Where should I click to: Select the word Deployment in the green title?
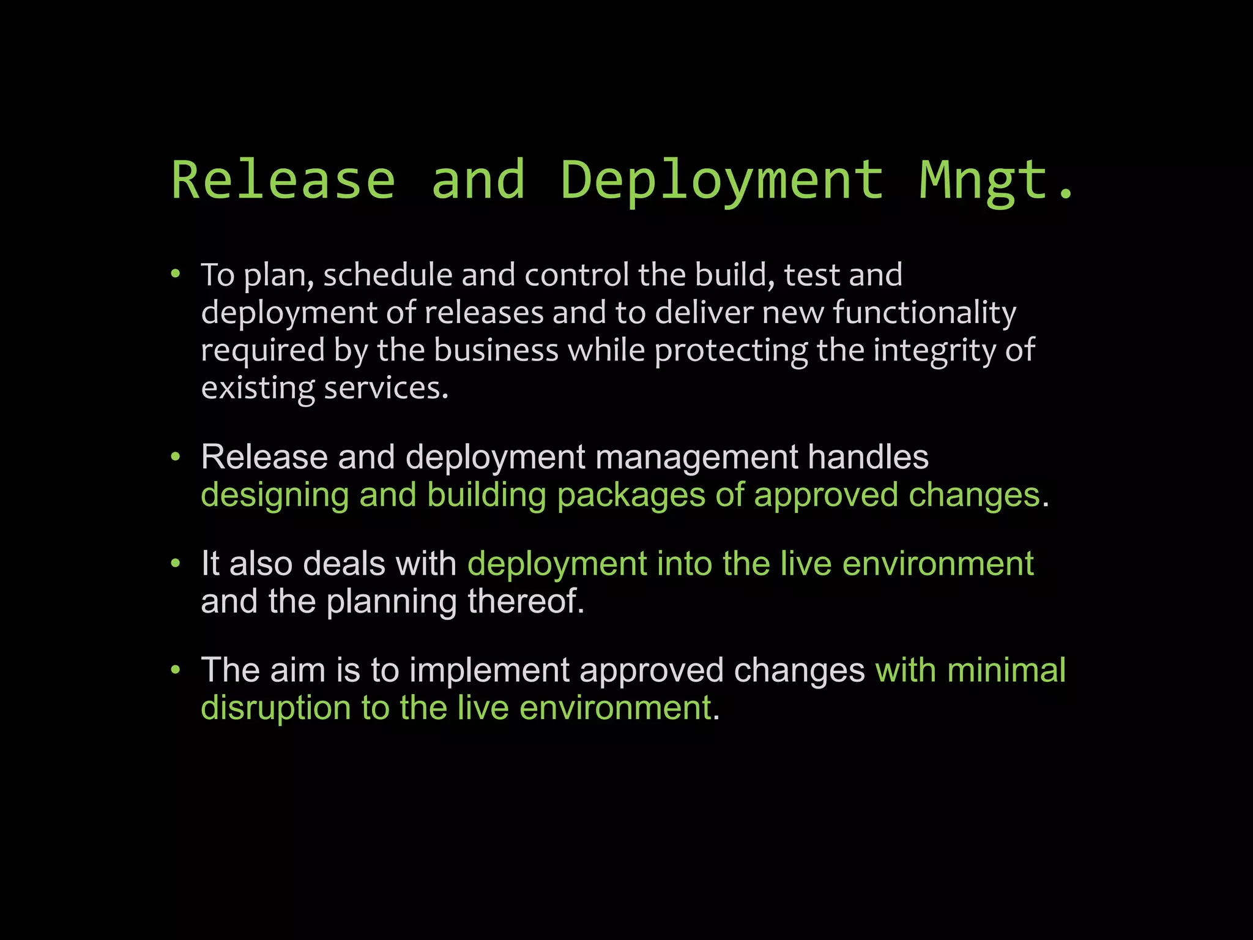[x=723, y=181]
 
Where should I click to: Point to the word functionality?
[x=924, y=313]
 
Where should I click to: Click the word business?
[x=496, y=351]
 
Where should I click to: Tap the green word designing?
[x=275, y=496]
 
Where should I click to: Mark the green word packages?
[x=631, y=496]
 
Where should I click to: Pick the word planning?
[x=392, y=602]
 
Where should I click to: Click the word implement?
[x=489, y=671]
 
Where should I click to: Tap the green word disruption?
[x=276, y=709]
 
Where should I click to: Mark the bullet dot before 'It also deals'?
[x=176, y=562]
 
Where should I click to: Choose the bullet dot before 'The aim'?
[x=176, y=670]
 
